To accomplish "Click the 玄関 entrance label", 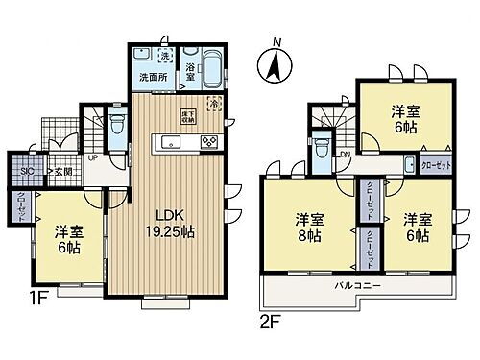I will [x=61, y=171].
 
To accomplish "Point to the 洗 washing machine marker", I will [x=162, y=54].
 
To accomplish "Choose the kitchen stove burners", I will [x=208, y=142].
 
